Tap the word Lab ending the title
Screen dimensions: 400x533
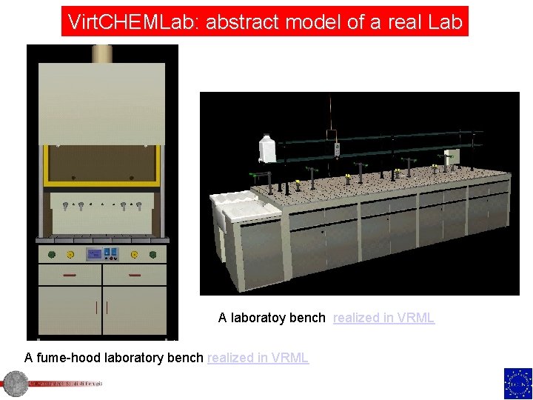tap(445, 21)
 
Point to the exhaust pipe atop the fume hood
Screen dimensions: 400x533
tap(102, 53)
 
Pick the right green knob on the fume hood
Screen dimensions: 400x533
tap(152, 255)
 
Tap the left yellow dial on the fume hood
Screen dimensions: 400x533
tap(70, 255)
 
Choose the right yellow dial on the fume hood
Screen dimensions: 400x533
tap(135, 255)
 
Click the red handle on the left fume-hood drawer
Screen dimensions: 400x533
tap(70, 275)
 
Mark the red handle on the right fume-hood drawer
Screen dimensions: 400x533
tap(135, 275)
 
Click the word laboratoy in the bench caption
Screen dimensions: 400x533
tap(259, 318)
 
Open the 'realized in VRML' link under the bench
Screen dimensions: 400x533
tap(383, 318)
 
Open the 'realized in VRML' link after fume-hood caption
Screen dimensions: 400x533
tap(258, 358)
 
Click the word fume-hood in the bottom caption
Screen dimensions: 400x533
tap(67, 358)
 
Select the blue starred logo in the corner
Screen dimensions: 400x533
tap(517, 383)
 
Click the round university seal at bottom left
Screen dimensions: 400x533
tap(13, 384)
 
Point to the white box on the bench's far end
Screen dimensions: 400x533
tap(452, 156)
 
